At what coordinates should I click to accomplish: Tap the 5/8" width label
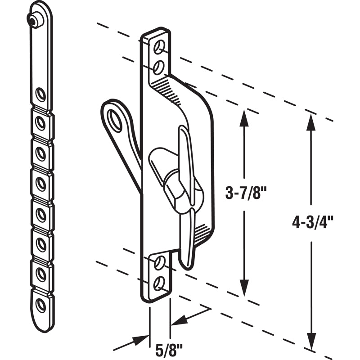[160, 350]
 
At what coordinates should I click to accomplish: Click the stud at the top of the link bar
[33, 20]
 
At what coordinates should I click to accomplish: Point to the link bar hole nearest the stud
[40, 94]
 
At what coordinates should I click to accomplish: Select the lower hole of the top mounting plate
[158, 67]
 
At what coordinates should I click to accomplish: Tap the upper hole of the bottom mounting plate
[158, 262]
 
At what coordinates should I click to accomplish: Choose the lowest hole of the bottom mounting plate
[158, 283]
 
